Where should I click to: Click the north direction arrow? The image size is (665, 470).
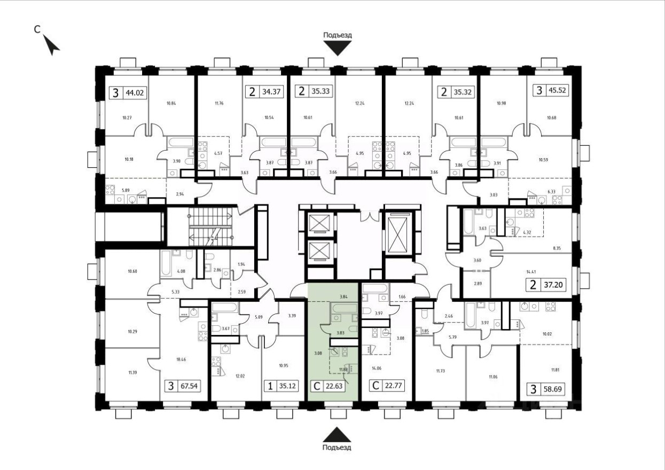coord(52,45)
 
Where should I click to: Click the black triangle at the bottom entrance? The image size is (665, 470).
coord(338,434)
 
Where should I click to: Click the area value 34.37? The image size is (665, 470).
coord(269,92)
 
